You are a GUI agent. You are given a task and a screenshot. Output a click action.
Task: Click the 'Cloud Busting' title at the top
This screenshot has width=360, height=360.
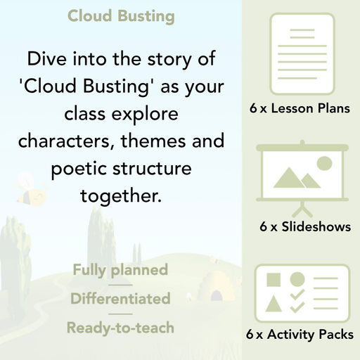[121, 15]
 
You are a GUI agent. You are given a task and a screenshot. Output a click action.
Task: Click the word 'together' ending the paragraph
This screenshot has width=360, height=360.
[120, 195]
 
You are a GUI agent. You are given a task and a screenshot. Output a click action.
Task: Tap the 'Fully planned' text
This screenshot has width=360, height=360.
[120, 270]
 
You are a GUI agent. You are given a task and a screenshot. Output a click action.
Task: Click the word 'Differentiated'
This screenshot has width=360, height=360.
[120, 299]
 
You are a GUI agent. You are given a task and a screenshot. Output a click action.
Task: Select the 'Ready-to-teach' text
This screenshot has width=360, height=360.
[120, 328]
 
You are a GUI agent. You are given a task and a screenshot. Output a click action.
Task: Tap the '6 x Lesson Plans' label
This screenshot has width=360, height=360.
[300, 109]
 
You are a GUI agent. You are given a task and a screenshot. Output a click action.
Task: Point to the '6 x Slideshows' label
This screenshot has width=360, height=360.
[305, 227]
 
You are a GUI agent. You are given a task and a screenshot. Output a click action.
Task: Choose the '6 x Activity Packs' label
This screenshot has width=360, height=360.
[300, 335]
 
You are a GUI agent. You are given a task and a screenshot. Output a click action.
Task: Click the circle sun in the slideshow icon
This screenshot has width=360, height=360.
[324, 164]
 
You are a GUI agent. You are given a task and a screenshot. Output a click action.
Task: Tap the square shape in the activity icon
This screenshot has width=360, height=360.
[274, 279]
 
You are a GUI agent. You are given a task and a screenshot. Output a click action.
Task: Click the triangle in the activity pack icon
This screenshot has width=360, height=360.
[274, 304]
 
